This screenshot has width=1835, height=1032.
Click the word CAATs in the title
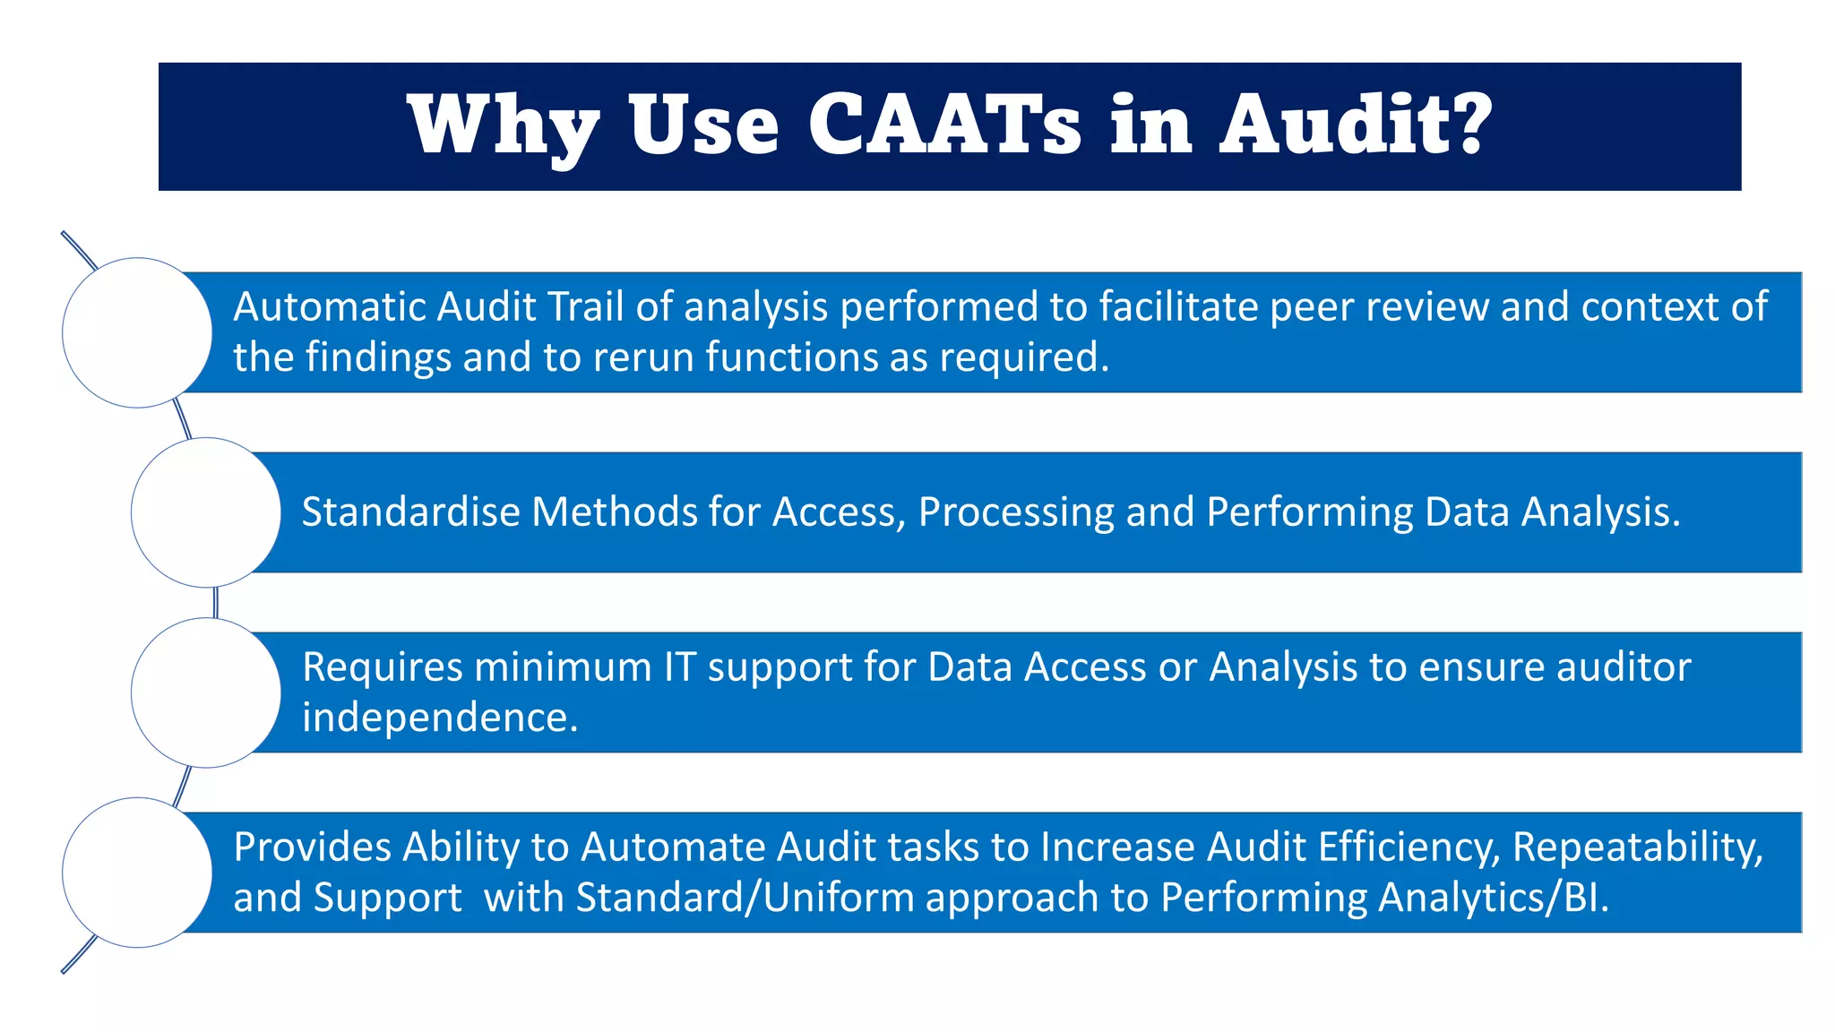(x=944, y=125)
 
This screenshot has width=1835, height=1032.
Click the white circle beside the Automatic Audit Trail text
(x=137, y=332)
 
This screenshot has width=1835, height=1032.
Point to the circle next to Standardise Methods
(x=206, y=512)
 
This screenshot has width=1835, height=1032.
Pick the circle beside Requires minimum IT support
(x=206, y=692)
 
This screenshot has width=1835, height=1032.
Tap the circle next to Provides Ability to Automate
(x=137, y=873)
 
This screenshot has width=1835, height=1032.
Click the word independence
(x=440, y=718)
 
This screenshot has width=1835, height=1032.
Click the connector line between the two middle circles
(x=215, y=602)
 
